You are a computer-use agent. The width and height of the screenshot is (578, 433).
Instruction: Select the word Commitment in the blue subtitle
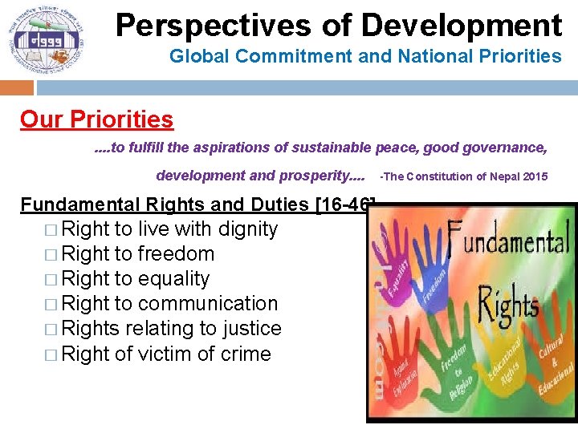(285, 56)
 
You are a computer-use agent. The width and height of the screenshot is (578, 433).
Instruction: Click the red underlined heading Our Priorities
(96, 119)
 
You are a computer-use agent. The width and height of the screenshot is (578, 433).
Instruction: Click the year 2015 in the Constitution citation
(535, 176)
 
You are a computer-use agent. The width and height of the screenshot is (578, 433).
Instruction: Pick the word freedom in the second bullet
(176, 254)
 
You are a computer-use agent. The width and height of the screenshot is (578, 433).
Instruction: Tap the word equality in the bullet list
(173, 279)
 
